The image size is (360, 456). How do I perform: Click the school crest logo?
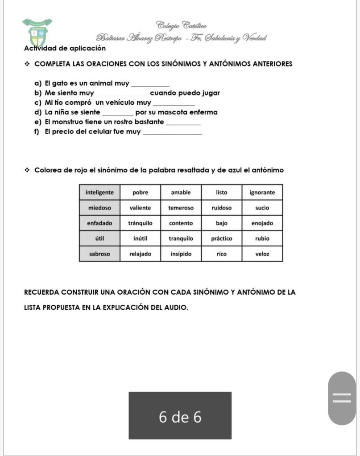pyautogui.click(x=37, y=34)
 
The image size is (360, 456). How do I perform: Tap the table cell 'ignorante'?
pyautogui.click(x=262, y=193)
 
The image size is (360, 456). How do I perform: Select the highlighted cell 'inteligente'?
pyautogui.click(x=99, y=193)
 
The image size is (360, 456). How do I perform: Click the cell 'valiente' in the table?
pyautogui.click(x=140, y=208)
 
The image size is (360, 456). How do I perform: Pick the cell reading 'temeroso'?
pyautogui.click(x=181, y=208)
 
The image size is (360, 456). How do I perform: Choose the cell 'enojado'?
pyautogui.click(x=262, y=223)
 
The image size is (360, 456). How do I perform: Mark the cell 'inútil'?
pyautogui.click(x=140, y=238)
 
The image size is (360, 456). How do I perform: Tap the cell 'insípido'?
pyautogui.click(x=181, y=254)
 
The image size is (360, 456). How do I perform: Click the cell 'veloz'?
pyautogui.click(x=262, y=254)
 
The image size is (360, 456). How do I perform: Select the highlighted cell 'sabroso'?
pyautogui.click(x=99, y=254)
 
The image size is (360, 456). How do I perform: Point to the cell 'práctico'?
pyautogui.click(x=222, y=238)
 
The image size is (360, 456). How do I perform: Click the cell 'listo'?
pyautogui.click(x=222, y=193)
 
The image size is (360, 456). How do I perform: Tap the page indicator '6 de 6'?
pyautogui.click(x=180, y=416)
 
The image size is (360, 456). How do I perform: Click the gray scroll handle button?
pyautogui.click(x=342, y=398)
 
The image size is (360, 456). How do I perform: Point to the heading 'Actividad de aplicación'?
pyautogui.click(x=65, y=48)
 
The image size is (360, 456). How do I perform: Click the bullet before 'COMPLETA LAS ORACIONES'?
pyautogui.click(x=27, y=64)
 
